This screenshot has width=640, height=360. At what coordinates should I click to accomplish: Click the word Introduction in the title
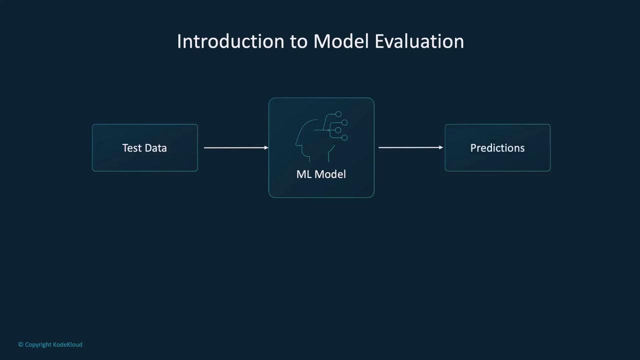pos(231,41)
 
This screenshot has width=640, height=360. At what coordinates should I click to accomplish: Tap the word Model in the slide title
pos(341,41)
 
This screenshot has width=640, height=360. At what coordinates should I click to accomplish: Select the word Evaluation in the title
pos(419,41)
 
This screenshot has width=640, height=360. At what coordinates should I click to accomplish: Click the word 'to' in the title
pos(299,42)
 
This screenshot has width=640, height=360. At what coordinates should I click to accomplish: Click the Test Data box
pos(145,147)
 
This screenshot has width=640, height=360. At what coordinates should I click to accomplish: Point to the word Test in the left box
pos(132,148)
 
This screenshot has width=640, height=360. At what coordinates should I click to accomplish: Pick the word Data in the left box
pos(156,148)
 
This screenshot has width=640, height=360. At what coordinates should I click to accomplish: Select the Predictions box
pos(497,147)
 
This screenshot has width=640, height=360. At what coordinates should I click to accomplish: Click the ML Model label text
pos(321,174)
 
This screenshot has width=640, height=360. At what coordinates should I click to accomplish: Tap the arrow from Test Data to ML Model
pos(236,147)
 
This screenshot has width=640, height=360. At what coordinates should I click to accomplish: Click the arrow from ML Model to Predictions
pos(410,147)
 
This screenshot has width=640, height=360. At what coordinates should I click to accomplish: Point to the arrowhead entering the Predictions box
pos(441,147)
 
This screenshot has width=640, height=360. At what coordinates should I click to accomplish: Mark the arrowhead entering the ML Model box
pos(266,147)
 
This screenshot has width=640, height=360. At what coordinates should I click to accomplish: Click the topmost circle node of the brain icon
pos(338,114)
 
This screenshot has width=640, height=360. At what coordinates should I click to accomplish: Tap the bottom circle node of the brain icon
pos(344,137)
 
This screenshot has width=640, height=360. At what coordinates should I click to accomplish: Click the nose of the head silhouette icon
pos(296,143)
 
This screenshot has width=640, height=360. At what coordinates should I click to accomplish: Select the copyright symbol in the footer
pos(20,344)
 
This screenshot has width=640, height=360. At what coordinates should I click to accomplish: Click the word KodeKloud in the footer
pos(67,344)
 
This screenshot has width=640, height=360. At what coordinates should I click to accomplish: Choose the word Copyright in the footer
pos(38,345)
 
